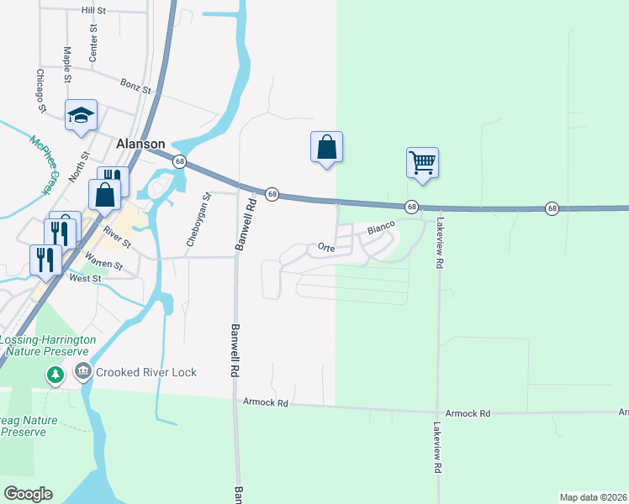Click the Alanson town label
[134, 144]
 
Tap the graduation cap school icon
[82, 115]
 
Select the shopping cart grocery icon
[422, 161]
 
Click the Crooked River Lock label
[145, 372]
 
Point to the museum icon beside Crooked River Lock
[82, 371]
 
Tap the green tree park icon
[55, 374]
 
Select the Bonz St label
[135, 87]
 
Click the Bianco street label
[380, 227]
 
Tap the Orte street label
[326, 247]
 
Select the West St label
[85, 278]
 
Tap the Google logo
[28, 494]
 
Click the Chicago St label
[40, 90]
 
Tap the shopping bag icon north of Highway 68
[325, 148]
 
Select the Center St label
[94, 38]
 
